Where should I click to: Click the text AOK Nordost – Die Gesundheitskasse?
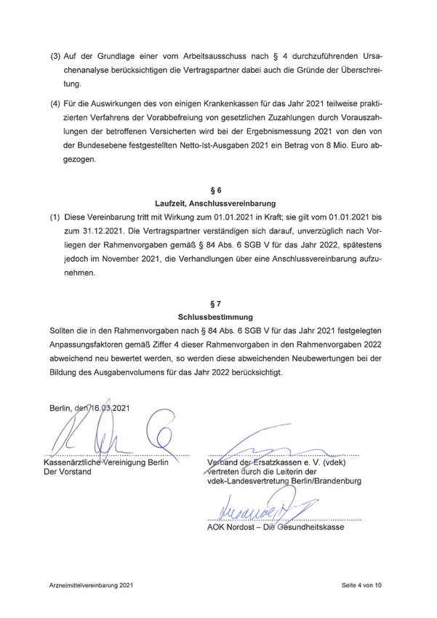coord(276,527)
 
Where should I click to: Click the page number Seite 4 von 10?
coord(361,585)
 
